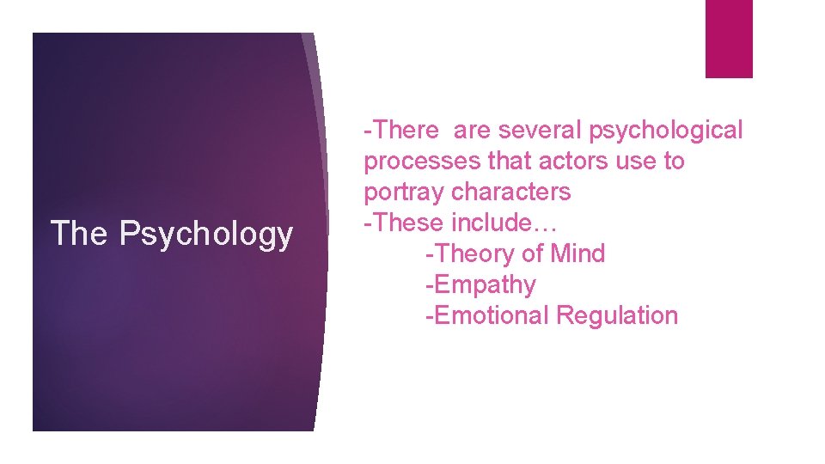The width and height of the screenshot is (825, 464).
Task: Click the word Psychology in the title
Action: coord(206,234)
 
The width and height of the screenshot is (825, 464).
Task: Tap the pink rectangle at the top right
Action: coord(728,39)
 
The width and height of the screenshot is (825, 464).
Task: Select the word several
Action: coord(538,130)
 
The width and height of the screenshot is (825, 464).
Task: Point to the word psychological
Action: coord(665,131)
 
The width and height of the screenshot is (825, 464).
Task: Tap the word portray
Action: coord(404,192)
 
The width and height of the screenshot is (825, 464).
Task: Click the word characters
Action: coord(510,192)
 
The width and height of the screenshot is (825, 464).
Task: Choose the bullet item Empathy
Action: coord(484,284)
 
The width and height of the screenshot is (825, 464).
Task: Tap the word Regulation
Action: coord(617,315)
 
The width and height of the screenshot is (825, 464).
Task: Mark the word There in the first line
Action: coord(405,130)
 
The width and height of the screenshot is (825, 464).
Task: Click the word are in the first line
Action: coord(472,130)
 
